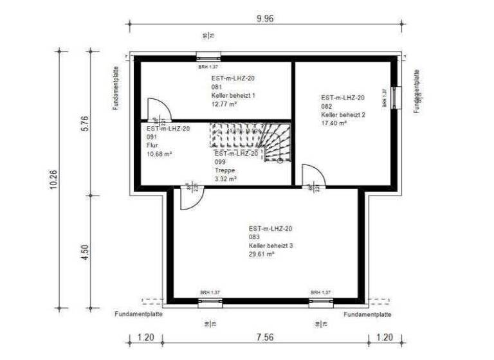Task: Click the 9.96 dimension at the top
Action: click(x=265, y=19)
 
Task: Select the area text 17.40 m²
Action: click(x=334, y=123)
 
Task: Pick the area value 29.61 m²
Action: click(x=262, y=254)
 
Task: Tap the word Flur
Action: click(x=152, y=145)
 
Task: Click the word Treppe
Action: click(x=224, y=170)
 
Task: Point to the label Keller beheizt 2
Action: click(x=343, y=114)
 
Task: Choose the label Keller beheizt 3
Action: click(x=271, y=246)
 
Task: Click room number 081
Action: click(x=216, y=87)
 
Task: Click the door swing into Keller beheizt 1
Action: click(x=156, y=109)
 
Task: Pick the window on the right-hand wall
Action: click(x=396, y=97)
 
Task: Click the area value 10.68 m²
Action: click(x=160, y=154)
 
